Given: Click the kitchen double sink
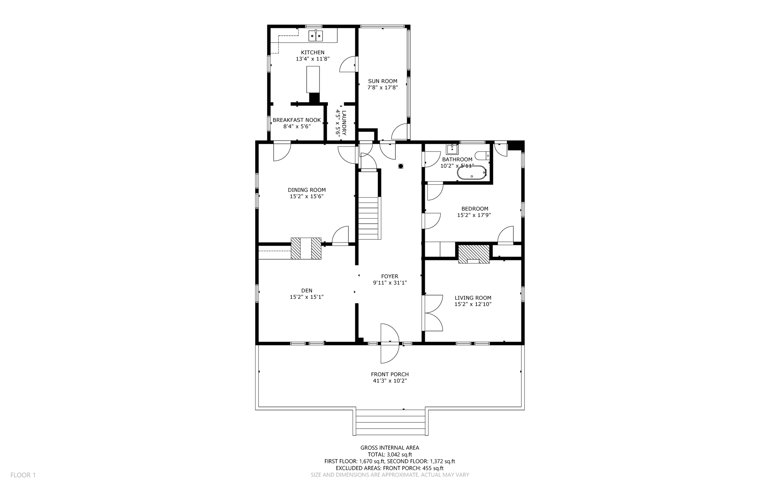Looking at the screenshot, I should pyautogui.click(x=315, y=36).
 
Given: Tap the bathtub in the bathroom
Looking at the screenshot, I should pyautogui.click(x=472, y=173).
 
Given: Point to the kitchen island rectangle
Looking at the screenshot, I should pyautogui.click(x=313, y=79).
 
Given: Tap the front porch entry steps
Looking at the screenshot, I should pyautogui.click(x=390, y=423).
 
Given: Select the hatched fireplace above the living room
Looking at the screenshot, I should pyautogui.click(x=473, y=254).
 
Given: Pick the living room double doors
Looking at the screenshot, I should pyautogui.click(x=433, y=313).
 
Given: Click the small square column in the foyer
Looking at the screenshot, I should pyautogui.click(x=400, y=166).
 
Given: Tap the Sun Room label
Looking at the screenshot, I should pyautogui.click(x=382, y=81).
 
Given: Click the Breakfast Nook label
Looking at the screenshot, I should pyautogui.click(x=297, y=120).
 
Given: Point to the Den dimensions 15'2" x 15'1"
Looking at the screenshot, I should pyautogui.click(x=307, y=297).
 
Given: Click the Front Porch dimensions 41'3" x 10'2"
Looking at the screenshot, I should pyautogui.click(x=390, y=381).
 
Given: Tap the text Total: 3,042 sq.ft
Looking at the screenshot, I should pyautogui.click(x=390, y=454).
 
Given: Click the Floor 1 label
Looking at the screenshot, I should pyautogui.click(x=23, y=475).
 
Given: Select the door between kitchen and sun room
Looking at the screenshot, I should pyautogui.click(x=348, y=64).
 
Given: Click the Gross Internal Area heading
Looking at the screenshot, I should pyautogui.click(x=390, y=448).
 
